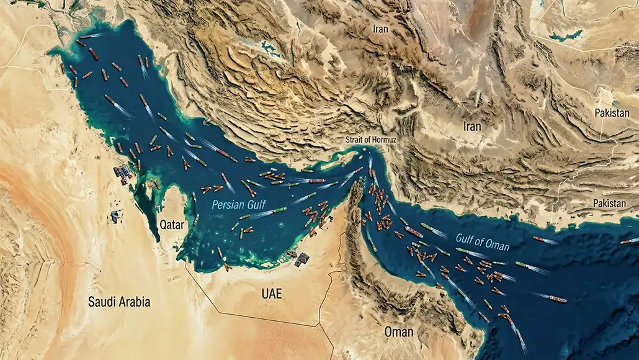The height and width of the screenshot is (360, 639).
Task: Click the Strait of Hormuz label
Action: tap(370, 140)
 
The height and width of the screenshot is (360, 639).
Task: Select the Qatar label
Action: tap(171, 224)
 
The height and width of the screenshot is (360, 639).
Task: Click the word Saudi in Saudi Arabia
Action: tap(101, 302)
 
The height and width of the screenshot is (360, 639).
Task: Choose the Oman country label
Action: tap(398, 332)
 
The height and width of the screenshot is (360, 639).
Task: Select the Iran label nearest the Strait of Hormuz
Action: tap(471, 126)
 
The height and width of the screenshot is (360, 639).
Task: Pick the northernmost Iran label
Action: tap(380, 29)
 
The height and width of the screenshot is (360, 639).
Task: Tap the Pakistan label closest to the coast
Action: tap(609, 203)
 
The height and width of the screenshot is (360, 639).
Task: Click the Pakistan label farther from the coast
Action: tap(611, 112)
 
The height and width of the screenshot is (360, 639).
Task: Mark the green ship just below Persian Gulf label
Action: tap(279, 210)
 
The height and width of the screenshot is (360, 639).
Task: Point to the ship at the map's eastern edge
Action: tap(629, 240)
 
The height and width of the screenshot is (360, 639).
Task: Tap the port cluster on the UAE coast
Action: tap(301, 258)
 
